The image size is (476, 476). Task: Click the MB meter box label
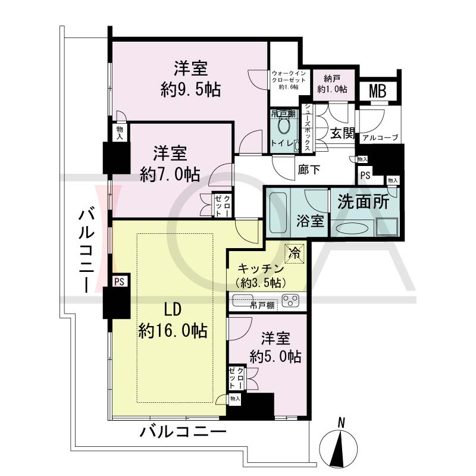(377, 91)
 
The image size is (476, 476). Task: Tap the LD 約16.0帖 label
(173, 320)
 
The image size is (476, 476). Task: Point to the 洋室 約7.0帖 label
(170, 164)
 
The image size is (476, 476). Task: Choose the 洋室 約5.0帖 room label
(275, 347)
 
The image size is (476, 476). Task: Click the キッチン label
(261, 269)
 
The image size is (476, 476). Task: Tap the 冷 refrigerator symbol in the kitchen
(294, 253)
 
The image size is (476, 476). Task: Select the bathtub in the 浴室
(278, 213)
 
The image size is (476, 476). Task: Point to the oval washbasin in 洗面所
(352, 228)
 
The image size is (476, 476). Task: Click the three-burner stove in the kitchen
(290, 301)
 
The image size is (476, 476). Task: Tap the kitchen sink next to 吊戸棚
(243, 300)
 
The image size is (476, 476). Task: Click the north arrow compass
(339, 446)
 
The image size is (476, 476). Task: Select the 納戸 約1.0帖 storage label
(332, 84)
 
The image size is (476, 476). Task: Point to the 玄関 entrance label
(343, 133)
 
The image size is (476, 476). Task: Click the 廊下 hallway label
(308, 170)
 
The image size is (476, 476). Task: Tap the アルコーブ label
(380, 137)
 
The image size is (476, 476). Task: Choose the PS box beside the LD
(120, 281)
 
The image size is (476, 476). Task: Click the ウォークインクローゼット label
(289, 80)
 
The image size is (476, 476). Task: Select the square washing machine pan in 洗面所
(387, 227)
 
